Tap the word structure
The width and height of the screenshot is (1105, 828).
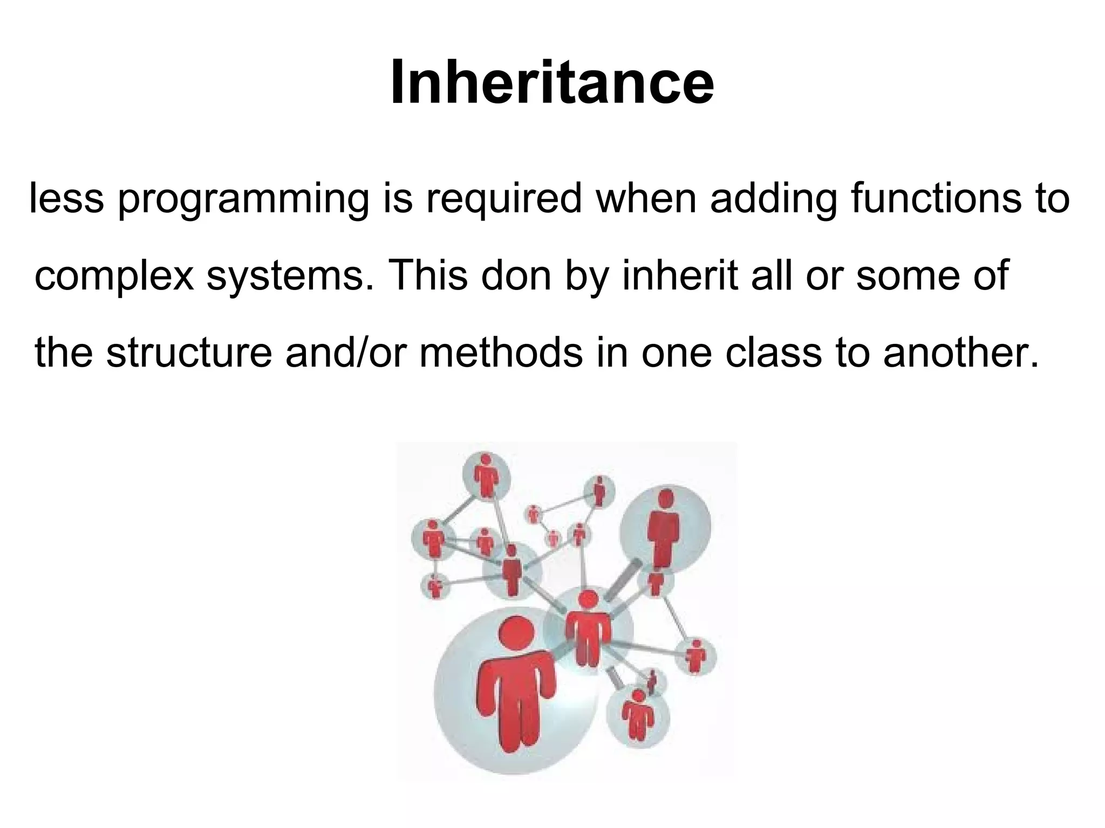(x=189, y=354)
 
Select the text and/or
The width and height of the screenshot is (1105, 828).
(x=345, y=354)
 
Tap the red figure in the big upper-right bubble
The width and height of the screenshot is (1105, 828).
(x=664, y=528)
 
